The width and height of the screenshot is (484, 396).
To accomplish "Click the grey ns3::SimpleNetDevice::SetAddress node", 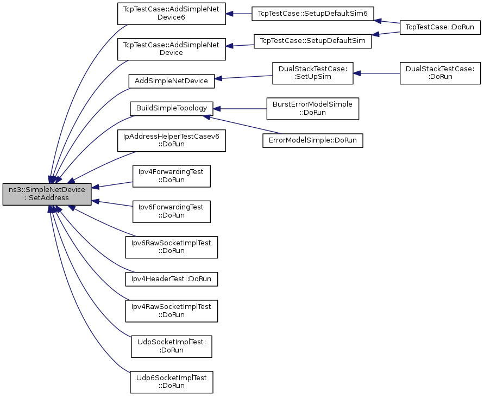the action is tap(47, 194).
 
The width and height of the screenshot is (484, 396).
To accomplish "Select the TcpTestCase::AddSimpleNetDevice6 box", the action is tap(171, 14).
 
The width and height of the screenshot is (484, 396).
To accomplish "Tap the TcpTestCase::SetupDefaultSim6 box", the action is tap(313, 14).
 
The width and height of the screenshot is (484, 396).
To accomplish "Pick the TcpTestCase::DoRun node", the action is tap(440, 27).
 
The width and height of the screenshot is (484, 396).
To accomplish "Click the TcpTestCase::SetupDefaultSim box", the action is tap(313, 41).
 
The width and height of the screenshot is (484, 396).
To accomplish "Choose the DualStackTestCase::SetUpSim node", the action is tap(313, 73).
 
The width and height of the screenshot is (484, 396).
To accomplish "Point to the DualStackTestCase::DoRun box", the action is tap(440, 73).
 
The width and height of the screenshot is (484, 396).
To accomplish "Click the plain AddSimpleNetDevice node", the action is tap(171, 81).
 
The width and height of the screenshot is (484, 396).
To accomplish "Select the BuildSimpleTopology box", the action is tap(171, 108).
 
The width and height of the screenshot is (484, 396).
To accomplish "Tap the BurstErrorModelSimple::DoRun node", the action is tap(313, 108).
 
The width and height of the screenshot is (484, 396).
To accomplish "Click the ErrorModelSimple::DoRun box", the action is tap(313, 140).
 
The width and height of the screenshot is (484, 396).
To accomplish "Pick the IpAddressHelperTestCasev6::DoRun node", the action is tap(171, 141).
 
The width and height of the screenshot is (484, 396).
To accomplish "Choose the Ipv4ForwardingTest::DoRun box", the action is tap(171, 176).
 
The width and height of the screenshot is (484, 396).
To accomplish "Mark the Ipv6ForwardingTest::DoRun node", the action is tap(171, 212).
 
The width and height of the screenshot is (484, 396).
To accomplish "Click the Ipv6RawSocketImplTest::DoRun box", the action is tap(171, 247).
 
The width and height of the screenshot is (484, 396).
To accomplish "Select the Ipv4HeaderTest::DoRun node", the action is tap(171, 279).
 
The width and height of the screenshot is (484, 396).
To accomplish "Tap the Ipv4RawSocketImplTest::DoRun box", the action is tap(171, 311).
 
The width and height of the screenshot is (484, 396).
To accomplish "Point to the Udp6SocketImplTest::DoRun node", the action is tap(171, 382).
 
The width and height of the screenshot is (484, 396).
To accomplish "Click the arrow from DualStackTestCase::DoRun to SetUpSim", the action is tap(376, 73).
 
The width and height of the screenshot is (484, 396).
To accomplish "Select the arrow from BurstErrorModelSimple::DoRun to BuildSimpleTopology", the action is tap(240, 109).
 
